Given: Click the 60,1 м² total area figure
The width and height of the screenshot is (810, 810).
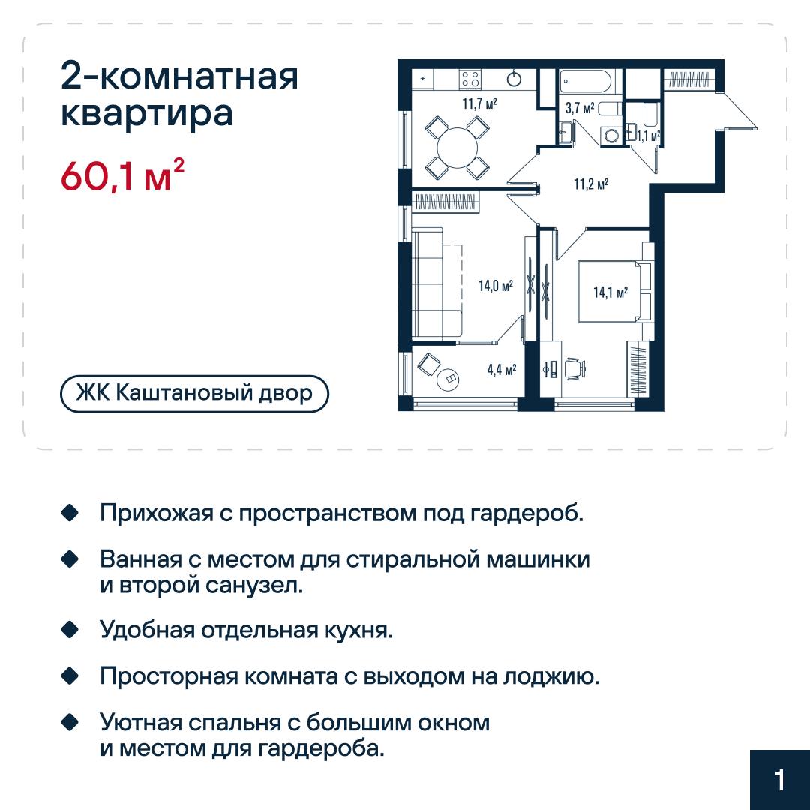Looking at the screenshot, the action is pos(122,175).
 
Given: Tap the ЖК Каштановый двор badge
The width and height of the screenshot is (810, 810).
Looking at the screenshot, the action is pos(194,394).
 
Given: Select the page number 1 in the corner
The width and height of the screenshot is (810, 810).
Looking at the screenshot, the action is pos(780,780).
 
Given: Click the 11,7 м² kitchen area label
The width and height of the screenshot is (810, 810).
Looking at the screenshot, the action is pos(479,103).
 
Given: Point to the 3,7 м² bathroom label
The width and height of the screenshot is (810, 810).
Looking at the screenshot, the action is pos(580,108).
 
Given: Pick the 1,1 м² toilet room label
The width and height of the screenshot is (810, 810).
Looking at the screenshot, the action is pos(648,136).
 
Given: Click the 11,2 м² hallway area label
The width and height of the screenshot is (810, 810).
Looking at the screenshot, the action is pos(591,184).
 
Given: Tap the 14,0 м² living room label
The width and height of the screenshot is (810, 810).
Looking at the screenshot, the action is pos(496,285).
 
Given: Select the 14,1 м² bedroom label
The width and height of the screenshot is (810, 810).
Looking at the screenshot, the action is pos(610,292).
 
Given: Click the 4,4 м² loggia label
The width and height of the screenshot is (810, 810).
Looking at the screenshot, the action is pos(502,370).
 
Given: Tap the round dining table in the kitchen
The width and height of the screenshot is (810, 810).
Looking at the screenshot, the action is pos(457,148).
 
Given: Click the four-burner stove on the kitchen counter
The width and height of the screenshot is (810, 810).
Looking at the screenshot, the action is pos(470,79).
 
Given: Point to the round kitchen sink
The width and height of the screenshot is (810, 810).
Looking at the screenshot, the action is pos(514,79).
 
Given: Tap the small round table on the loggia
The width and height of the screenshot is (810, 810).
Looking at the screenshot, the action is pos(448,379).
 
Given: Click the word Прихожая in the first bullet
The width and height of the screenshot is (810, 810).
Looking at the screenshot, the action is pos(157,514).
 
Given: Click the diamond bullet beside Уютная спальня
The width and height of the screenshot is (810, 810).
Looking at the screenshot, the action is pos(70,722).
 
